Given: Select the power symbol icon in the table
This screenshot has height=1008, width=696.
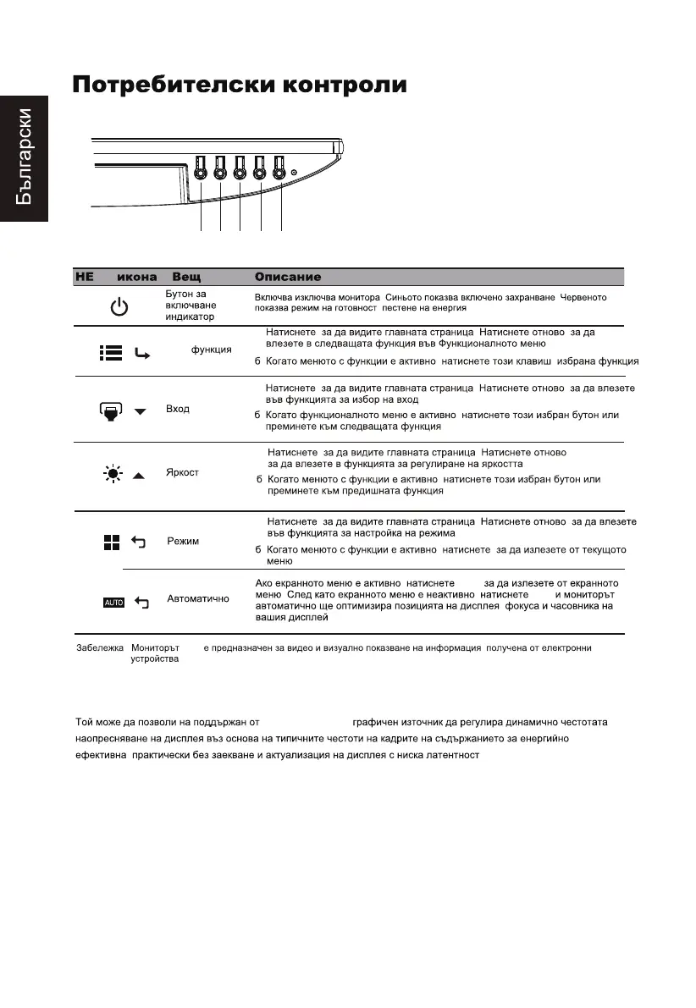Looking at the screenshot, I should pyautogui.click(x=120, y=307).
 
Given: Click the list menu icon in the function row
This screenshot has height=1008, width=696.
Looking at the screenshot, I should pyautogui.click(x=111, y=353).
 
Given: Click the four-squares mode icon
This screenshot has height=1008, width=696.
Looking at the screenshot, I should pyautogui.click(x=111, y=542).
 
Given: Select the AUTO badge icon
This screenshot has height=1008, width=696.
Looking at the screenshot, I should pyautogui.click(x=113, y=602).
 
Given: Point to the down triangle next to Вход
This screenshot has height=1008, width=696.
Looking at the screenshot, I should pyautogui.click(x=141, y=411).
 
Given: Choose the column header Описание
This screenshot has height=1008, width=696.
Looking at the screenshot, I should pyautogui.click(x=288, y=277).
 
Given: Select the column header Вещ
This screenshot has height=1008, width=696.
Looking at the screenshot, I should pyautogui.click(x=187, y=277).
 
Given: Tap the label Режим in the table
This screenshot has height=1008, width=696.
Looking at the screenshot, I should pyautogui.click(x=183, y=541).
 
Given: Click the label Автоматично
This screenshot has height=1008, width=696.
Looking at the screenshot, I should pyautogui.click(x=198, y=598).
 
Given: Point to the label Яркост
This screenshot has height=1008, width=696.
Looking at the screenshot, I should pyautogui.click(x=183, y=472).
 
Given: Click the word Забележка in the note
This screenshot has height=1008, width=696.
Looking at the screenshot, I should pyautogui.click(x=94, y=647).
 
